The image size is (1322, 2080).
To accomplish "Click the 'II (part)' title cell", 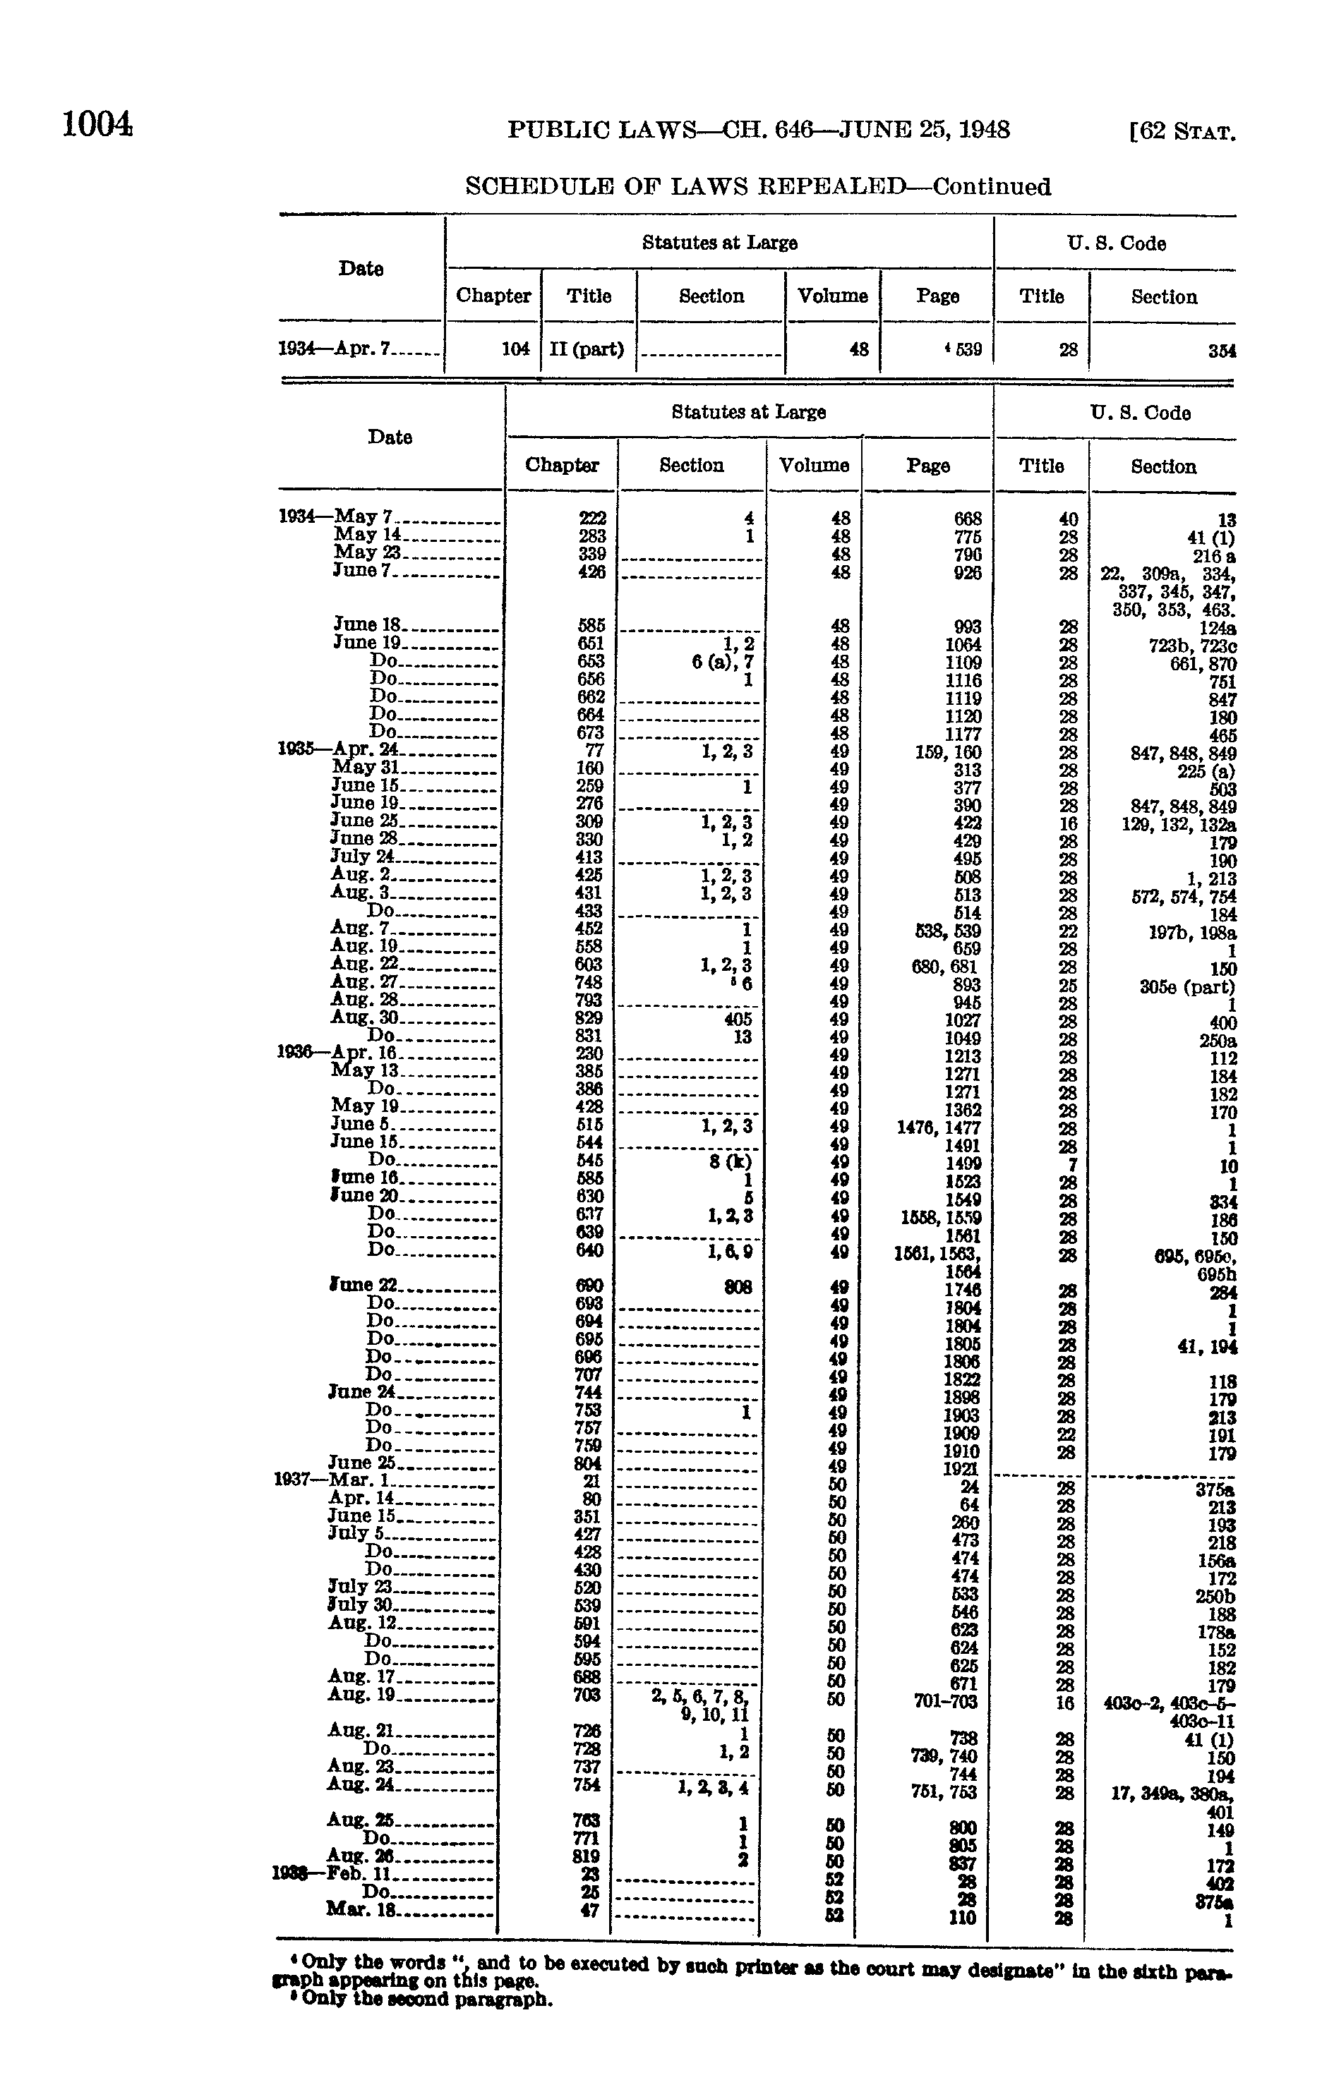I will click(587, 350).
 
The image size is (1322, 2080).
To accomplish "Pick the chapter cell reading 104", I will click(515, 350).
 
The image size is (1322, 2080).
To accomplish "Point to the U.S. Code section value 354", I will click(1222, 351).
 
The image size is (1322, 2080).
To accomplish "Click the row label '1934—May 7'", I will click(336, 516).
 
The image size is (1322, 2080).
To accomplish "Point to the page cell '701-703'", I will click(946, 1701).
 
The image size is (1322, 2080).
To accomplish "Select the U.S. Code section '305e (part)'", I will click(1187, 986).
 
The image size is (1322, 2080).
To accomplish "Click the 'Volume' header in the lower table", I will click(814, 466).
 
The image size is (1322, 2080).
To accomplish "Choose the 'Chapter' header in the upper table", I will click(493, 296).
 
